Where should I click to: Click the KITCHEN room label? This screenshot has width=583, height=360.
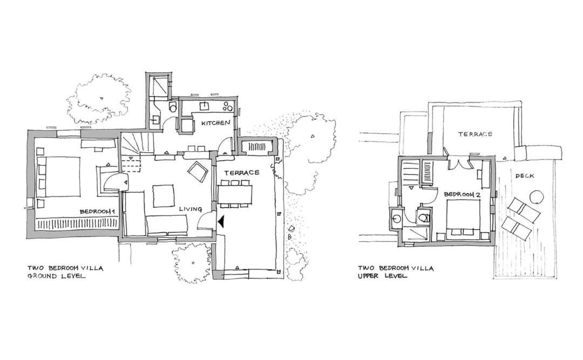215,123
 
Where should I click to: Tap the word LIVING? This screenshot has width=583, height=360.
191,209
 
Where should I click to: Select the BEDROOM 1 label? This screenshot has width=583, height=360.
97,212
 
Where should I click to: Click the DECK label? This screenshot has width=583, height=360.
525,175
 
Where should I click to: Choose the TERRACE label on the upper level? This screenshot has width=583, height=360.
475,134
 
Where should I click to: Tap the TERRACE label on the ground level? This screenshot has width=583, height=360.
241,173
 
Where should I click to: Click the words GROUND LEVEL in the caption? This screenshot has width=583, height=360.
56,276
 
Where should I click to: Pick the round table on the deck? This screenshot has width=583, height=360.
537,197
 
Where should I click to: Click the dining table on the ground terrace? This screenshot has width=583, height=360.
235,194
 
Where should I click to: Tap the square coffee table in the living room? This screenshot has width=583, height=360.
164,195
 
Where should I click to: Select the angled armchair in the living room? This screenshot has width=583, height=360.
198,172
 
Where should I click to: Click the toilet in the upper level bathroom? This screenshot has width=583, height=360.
424,216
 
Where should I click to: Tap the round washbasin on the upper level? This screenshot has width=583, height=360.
396,218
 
